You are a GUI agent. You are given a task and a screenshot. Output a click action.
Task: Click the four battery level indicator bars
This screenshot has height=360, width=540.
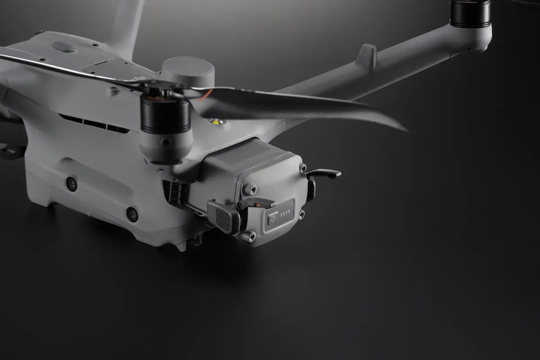(284, 215)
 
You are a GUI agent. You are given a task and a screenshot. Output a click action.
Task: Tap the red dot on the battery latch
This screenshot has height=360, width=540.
(257, 203)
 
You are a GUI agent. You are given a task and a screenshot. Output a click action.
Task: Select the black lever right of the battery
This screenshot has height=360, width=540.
(324, 173)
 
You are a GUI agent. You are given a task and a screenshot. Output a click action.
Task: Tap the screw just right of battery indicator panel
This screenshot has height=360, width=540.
(301, 214)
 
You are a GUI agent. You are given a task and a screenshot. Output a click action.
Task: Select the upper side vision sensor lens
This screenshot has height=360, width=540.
(71, 183)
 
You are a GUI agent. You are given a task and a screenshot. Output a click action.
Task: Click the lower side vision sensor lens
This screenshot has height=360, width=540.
(132, 214)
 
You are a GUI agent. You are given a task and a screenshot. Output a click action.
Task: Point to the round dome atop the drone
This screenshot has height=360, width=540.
(188, 70)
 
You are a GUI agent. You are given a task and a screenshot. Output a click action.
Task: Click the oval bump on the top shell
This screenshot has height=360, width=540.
(63, 46)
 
